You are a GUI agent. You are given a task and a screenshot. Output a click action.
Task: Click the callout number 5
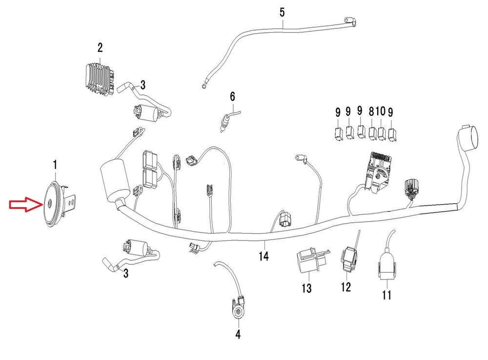(x=282, y=12)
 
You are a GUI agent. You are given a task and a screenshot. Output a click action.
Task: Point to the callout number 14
(x=264, y=256)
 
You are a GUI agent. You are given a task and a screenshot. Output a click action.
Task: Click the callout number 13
(x=306, y=289)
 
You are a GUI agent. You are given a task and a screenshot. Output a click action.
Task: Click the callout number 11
(x=387, y=295)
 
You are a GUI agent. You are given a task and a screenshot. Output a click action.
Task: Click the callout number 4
(x=238, y=335)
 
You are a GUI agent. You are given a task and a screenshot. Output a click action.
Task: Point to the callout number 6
(x=233, y=96)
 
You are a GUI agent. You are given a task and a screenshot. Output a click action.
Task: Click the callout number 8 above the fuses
(x=372, y=112)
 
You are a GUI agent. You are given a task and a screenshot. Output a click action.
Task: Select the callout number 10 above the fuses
(x=381, y=112)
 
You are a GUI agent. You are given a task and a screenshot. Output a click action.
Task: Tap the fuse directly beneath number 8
(x=373, y=133)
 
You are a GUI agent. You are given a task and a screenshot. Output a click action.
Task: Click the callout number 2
(x=100, y=48)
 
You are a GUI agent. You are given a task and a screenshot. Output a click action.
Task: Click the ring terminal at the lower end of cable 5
(x=203, y=86)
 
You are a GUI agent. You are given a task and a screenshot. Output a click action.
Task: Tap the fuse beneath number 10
(x=382, y=133)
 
